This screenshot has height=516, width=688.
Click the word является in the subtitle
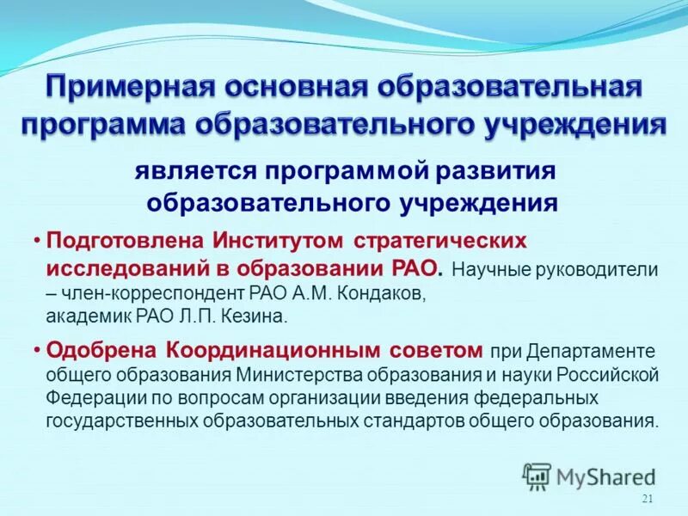coord(183,170)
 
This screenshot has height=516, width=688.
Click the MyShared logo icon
coord(537,476)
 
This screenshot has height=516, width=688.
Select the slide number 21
coord(648,501)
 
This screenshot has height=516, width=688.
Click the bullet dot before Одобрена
coord(38,351)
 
